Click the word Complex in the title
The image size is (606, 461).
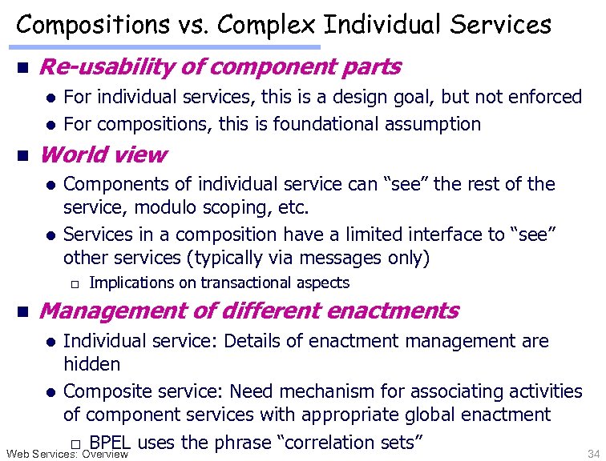[271, 25]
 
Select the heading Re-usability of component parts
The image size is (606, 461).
[220, 66]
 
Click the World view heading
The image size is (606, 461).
[103, 154]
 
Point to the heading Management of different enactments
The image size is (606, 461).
[248, 311]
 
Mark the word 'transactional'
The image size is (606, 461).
[249, 283]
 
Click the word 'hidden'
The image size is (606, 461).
[91, 364]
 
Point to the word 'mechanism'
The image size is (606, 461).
[325, 391]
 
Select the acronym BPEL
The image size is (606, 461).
[111, 442]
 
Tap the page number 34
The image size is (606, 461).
[592, 454]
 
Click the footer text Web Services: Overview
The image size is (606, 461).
[67, 454]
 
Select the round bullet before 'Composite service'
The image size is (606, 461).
[50, 392]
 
